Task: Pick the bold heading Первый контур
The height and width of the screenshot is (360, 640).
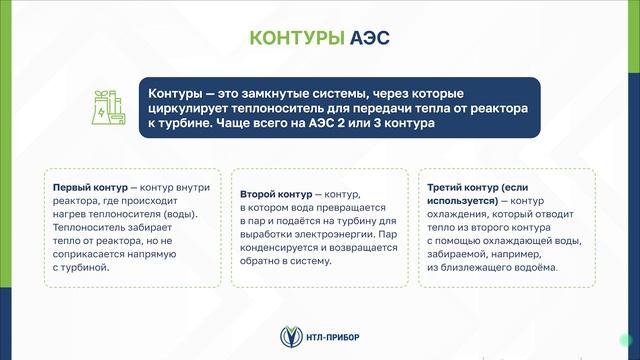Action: coord(89,186)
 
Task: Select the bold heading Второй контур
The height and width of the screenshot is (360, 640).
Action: coord(276,193)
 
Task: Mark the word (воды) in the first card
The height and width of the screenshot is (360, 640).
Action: coord(179,213)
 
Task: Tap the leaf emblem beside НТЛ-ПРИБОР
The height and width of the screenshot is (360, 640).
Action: coord(289,335)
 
